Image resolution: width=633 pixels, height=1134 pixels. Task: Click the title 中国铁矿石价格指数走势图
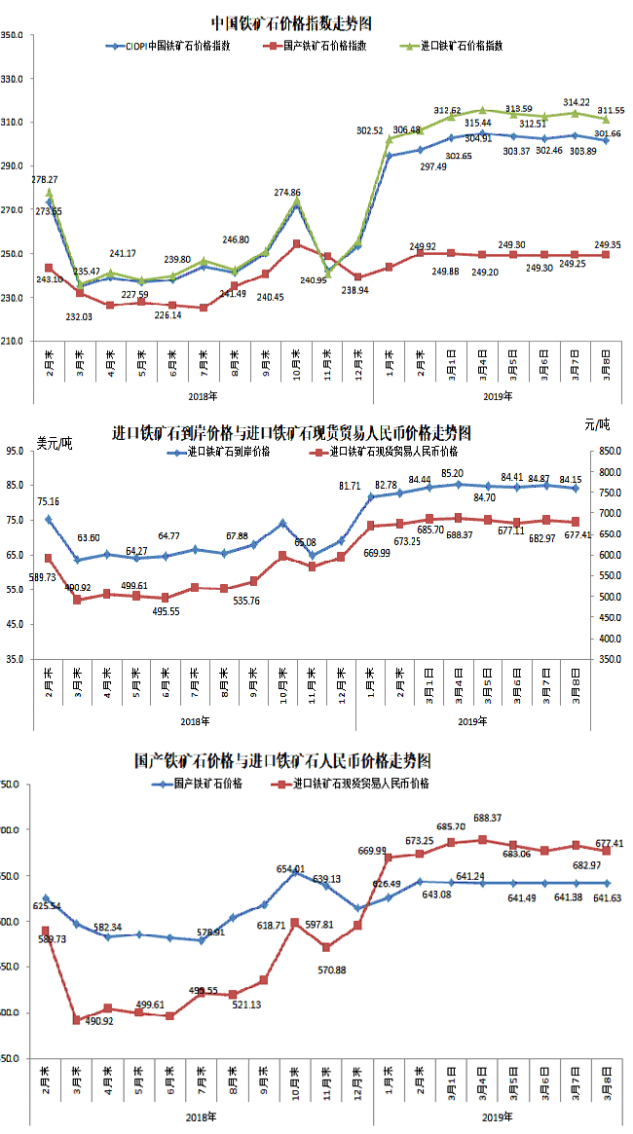tap(291, 21)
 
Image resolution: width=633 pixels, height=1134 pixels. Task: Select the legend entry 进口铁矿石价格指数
tap(463, 46)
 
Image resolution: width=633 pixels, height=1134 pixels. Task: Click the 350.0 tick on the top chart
tap(19, 35)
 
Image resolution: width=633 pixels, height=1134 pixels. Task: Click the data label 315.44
tap(478, 123)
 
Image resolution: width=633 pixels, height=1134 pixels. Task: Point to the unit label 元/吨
tap(599, 425)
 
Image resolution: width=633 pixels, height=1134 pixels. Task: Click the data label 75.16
tap(49, 502)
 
